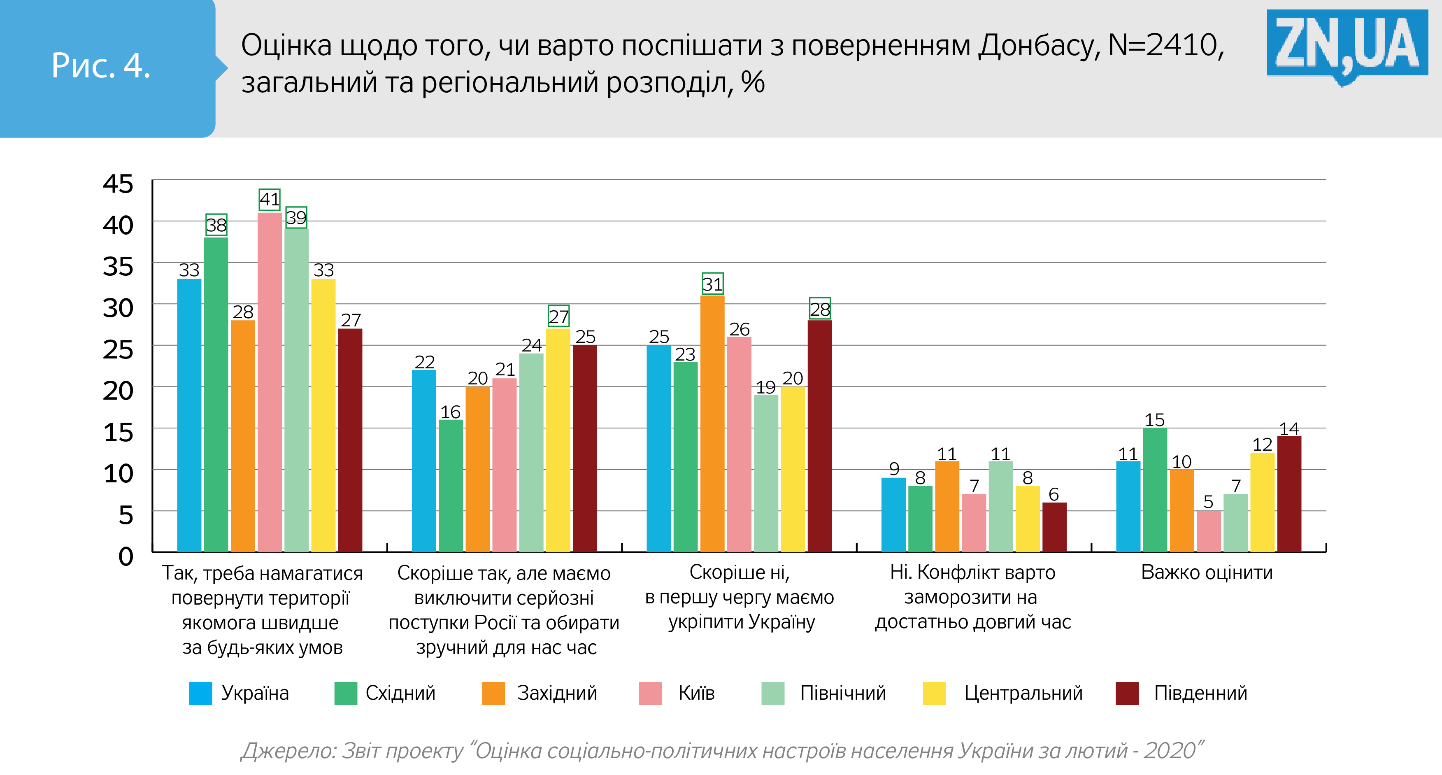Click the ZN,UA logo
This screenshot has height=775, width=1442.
1346,45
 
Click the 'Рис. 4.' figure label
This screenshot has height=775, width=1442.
101,66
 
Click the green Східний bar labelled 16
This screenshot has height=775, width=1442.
451,486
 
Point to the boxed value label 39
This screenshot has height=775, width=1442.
296,217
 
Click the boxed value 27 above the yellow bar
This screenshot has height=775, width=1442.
559,317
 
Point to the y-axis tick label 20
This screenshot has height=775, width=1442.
118,391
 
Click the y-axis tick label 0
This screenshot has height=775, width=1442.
126,556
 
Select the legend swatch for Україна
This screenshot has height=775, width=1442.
200,693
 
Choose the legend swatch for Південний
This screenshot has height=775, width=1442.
1127,693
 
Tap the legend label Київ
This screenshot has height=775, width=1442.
696,693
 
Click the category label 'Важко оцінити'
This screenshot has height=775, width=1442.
1207,572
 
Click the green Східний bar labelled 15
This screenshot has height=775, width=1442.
1155,489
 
